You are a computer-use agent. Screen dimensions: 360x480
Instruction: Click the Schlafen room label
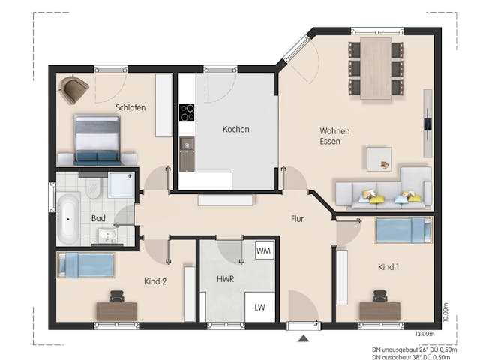(x=130, y=107)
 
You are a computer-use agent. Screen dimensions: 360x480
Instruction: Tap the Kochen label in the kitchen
(x=235, y=129)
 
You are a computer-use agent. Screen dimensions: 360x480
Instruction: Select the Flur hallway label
(x=297, y=219)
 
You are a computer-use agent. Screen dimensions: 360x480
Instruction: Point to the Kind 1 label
(x=388, y=268)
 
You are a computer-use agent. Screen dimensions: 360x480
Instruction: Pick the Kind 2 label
(x=155, y=281)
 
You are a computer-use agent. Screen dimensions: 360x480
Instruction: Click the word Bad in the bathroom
(x=98, y=218)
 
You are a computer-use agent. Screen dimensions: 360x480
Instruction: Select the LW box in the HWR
(x=259, y=307)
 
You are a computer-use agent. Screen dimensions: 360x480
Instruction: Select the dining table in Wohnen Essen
(x=375, y=69)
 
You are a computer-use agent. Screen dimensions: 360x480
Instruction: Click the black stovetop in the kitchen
(x=186, y=112)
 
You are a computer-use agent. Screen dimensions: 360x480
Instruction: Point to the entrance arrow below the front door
(x=303, y=339)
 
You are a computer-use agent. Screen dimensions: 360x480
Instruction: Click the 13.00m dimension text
(x=424, y=333)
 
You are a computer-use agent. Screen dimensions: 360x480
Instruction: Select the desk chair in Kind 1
(x=379, y=298)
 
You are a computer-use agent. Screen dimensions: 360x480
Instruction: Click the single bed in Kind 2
(x=85, y=264)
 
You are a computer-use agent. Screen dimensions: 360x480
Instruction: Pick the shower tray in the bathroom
(x=120, y=184)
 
